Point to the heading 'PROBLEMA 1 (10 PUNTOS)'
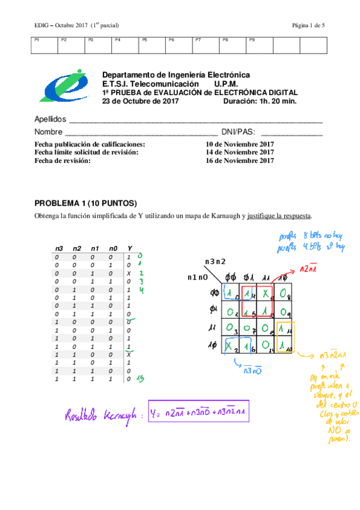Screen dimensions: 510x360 click(x=86, y=203)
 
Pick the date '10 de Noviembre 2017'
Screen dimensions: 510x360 click(x=240, y=145)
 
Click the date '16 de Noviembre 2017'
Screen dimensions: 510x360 click(x=240, y=161)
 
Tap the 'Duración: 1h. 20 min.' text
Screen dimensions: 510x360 click(x=260, y=102)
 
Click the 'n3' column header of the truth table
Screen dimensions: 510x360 click(x=59, y=248)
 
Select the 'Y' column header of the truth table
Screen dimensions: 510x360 click(x=130, y=248)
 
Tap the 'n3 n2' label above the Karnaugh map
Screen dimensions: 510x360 click(x=215, y=262)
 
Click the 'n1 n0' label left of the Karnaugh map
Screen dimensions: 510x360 click(x=198, y=277)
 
